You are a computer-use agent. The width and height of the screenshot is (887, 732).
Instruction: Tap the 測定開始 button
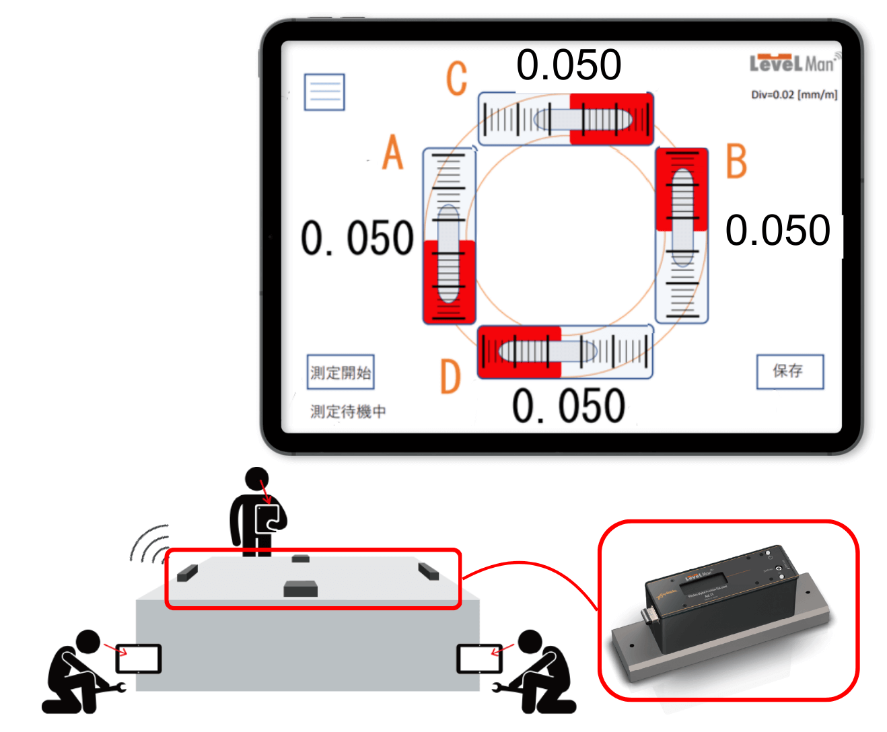pyautogui.click(x=341, y=372)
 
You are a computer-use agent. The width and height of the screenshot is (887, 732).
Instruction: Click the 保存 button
pyautogui.click(x=789, y=371)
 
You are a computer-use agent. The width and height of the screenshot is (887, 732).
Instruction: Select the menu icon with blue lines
pyautogui.click(x=324, y=92)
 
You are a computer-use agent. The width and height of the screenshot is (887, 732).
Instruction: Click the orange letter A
pyautogui.click(x=393, y=152)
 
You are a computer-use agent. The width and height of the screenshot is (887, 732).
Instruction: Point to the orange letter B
pyautogui.click(x=737, y=161)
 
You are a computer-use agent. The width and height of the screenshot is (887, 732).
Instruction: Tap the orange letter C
pyautogui.click(x=457, y=78)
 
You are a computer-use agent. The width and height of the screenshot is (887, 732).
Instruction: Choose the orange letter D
pyautogui.click(x=450, y=377)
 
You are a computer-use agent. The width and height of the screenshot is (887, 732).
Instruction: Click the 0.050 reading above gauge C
pyautogui.click(x=569, y=65)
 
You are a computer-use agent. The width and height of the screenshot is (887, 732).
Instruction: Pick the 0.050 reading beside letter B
pyautogui.click(x=778, y=230)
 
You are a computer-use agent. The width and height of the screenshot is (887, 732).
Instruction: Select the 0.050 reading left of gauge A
pyautogui.click(x=357, y=238)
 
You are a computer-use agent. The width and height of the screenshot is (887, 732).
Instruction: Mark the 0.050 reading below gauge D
pyautogui.click(x=569, y=406)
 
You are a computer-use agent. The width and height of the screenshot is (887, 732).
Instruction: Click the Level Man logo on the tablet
pyautogui.click(x=793, y=63)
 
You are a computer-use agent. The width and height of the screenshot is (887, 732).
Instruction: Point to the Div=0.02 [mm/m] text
pyautogui.click(x=794, y=95)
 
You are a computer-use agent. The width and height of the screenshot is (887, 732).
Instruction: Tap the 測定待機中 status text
pyautogui.click(x=348, y=411)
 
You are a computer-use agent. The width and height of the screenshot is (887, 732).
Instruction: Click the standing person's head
pyautogui.click(x=257, y=479)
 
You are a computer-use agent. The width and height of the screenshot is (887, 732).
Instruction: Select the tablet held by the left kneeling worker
pyautogui.click(x=139, y=659)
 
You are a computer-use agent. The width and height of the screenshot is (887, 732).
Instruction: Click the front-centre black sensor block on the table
pyautogui.click(x=300, y=589)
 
